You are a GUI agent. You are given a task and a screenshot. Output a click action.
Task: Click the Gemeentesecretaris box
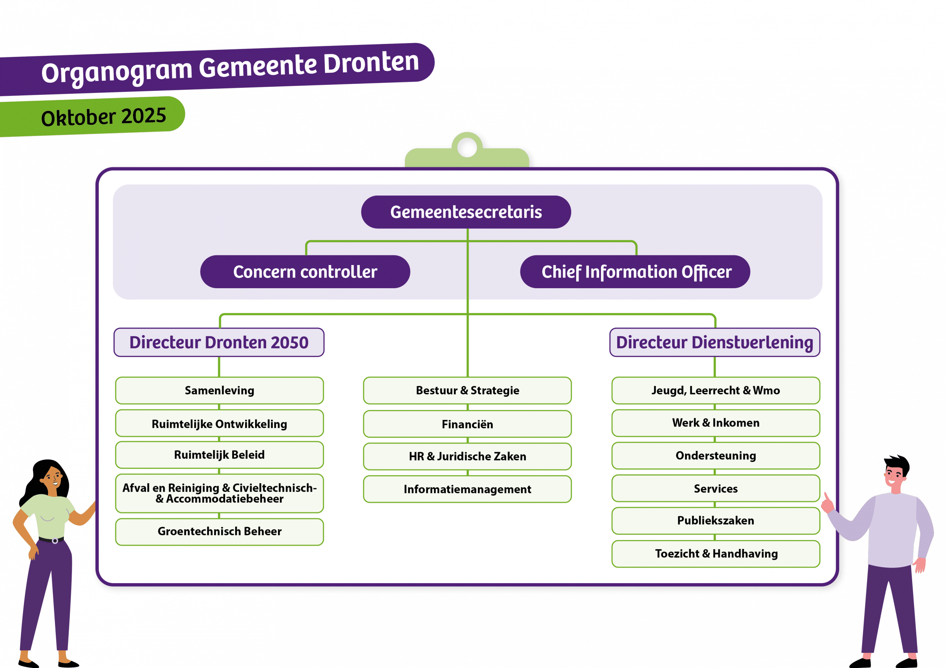[466, 212]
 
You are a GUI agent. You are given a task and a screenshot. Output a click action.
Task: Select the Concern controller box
[305, 272]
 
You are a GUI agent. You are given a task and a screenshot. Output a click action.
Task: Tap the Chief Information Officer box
[635, 272]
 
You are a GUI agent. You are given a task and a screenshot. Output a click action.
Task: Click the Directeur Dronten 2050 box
[219, 342]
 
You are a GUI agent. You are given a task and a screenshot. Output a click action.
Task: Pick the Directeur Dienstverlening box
[715, 342]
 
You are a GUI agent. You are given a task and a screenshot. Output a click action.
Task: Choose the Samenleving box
[219, 390]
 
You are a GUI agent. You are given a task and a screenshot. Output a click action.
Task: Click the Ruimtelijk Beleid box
[219, 455]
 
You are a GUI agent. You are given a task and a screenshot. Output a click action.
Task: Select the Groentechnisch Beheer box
[219, 531]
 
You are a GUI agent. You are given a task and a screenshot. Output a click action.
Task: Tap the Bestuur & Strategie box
[467, 390]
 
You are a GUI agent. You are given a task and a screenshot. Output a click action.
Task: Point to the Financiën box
[467, 424]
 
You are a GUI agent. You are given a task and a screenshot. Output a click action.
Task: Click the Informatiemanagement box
[467, 489]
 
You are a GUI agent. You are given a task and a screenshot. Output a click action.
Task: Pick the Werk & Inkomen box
[715, 423]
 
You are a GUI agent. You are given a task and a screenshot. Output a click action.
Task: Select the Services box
[715, 489]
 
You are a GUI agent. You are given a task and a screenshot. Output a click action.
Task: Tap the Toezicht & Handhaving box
[715, 554]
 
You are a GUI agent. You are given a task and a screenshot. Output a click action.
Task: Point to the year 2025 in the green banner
[144, 116]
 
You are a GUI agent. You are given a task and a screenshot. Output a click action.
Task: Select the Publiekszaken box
[715, 521]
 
